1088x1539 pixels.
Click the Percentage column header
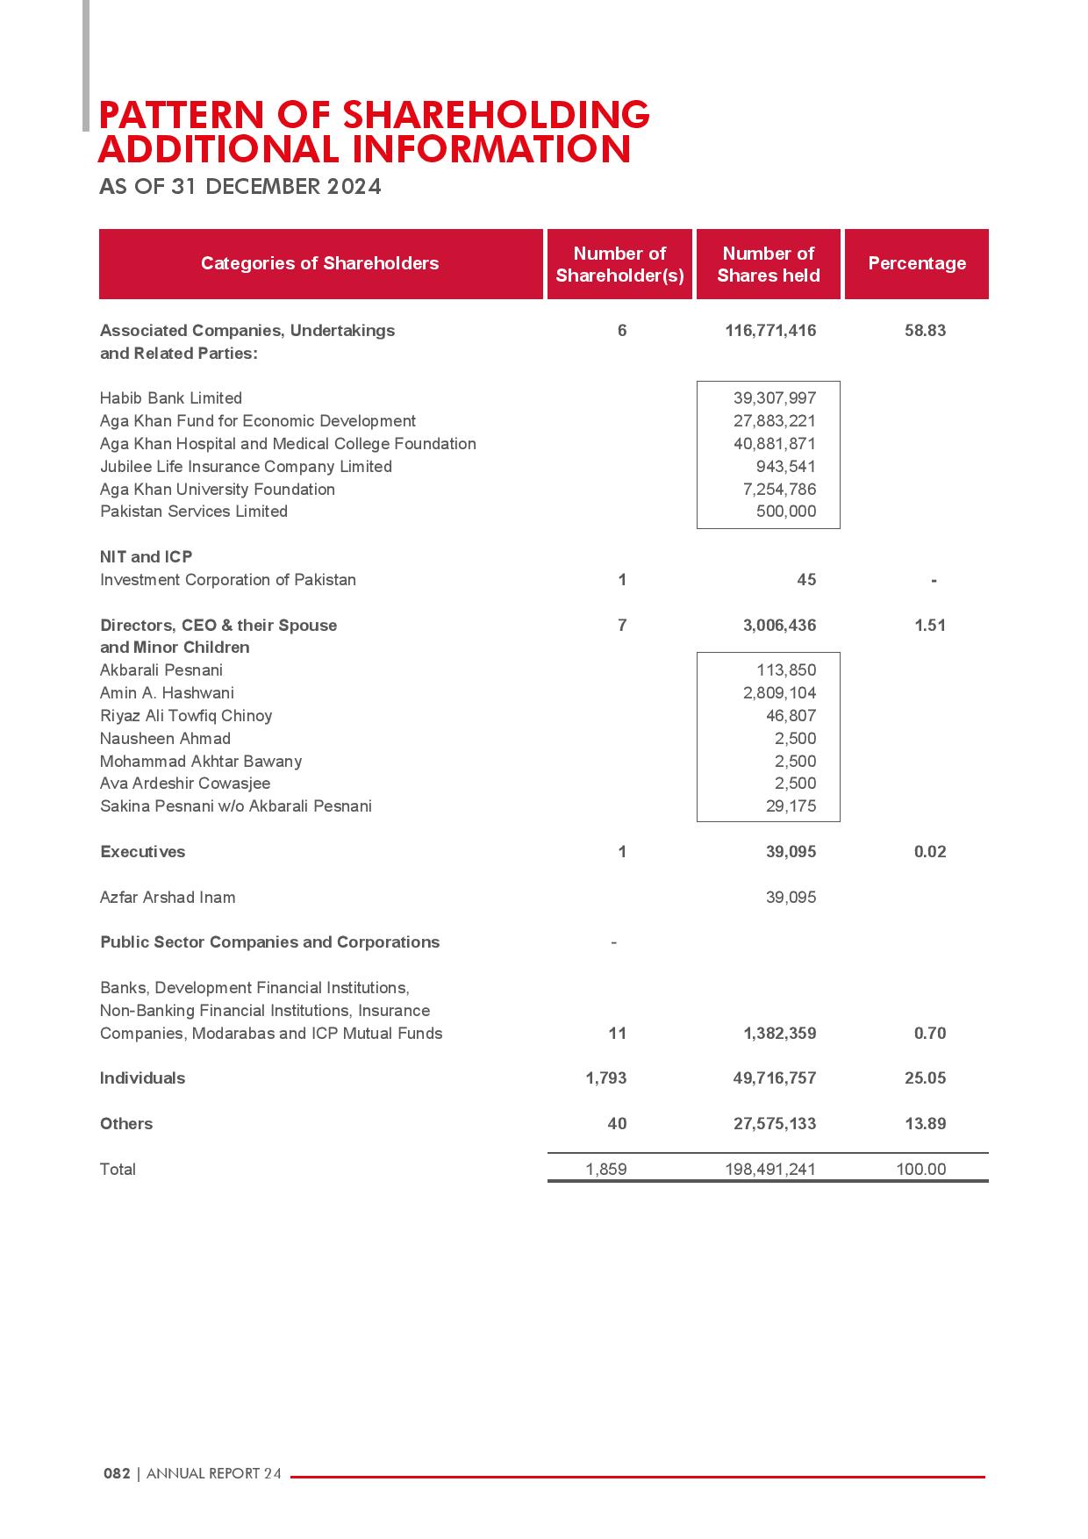coord(917,263)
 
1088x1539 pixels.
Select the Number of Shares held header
coord(769,264)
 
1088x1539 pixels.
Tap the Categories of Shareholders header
coord(319,263)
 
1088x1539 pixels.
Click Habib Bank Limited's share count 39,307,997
coord(775,398)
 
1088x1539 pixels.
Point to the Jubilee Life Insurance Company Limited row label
coord(246,467)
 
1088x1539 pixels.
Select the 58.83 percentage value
coord(925,331)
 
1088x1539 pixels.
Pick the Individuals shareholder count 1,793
coord(606,1078)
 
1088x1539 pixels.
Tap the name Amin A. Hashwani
coord(167,693)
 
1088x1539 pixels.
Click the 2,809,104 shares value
coord(779,693)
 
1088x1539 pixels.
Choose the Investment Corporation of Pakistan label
coord(228,580)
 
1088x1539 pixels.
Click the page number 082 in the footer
coord(117,1474)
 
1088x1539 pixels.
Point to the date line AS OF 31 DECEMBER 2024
coord(240,187)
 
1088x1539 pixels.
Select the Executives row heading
coord(143,852)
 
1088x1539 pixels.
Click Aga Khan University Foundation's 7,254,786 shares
coord(779,490)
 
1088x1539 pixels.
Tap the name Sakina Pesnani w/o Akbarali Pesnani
coord(236,806)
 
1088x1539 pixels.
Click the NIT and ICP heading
coord(147,557)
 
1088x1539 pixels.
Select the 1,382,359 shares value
coord(779,1034)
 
